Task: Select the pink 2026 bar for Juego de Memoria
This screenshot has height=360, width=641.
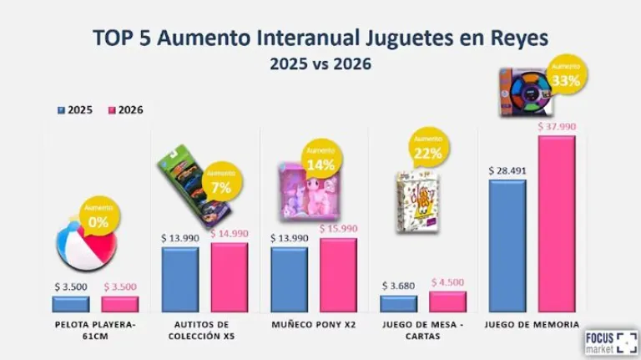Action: [x=557, y=224]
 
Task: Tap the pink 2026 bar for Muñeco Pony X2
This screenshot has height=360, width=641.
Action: [x=338, y=275]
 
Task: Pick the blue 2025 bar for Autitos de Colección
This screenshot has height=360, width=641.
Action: [x=179, y=279]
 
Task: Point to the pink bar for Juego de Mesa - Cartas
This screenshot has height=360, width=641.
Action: [x=447, y=302]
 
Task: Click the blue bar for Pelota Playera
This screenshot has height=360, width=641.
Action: [x=70, y=304]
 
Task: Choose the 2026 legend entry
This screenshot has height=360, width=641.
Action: [x=124, y=109]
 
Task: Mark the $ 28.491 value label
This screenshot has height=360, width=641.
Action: [x=507, y=170]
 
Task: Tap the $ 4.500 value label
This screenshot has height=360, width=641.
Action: [x=448, y=283]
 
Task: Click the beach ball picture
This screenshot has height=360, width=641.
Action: [x=81, y=249]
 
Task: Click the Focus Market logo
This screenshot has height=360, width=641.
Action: [x=611, y=343]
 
